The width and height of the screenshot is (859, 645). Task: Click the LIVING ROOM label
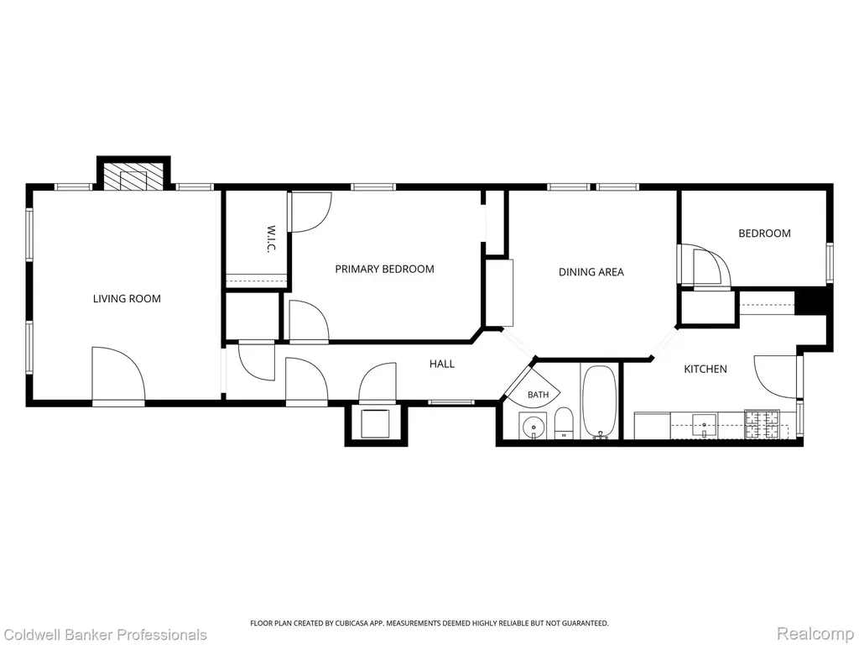(127, 299)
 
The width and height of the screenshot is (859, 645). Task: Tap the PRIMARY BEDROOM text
(384, 270)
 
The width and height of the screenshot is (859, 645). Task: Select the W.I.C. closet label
(271, 239)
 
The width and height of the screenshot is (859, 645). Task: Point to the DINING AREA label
(591, 272)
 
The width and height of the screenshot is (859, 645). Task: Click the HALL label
(442, 364)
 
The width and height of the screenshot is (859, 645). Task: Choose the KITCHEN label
(705, 370)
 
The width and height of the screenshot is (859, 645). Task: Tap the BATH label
(538, 395)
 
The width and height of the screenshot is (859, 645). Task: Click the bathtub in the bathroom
(599, 402)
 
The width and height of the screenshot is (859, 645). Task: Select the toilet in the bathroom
(563, 424)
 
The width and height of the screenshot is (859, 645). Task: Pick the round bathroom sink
(533, 426)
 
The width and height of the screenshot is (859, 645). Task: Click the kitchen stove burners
(762, 424)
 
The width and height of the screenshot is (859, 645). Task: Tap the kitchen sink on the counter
(704, 426)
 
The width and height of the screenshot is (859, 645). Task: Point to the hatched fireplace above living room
(133, 176)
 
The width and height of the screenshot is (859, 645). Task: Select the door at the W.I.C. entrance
(311, 212)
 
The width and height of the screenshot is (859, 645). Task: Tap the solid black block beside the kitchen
(810, 302)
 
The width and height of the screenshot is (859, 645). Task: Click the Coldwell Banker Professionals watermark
(104, 635)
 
